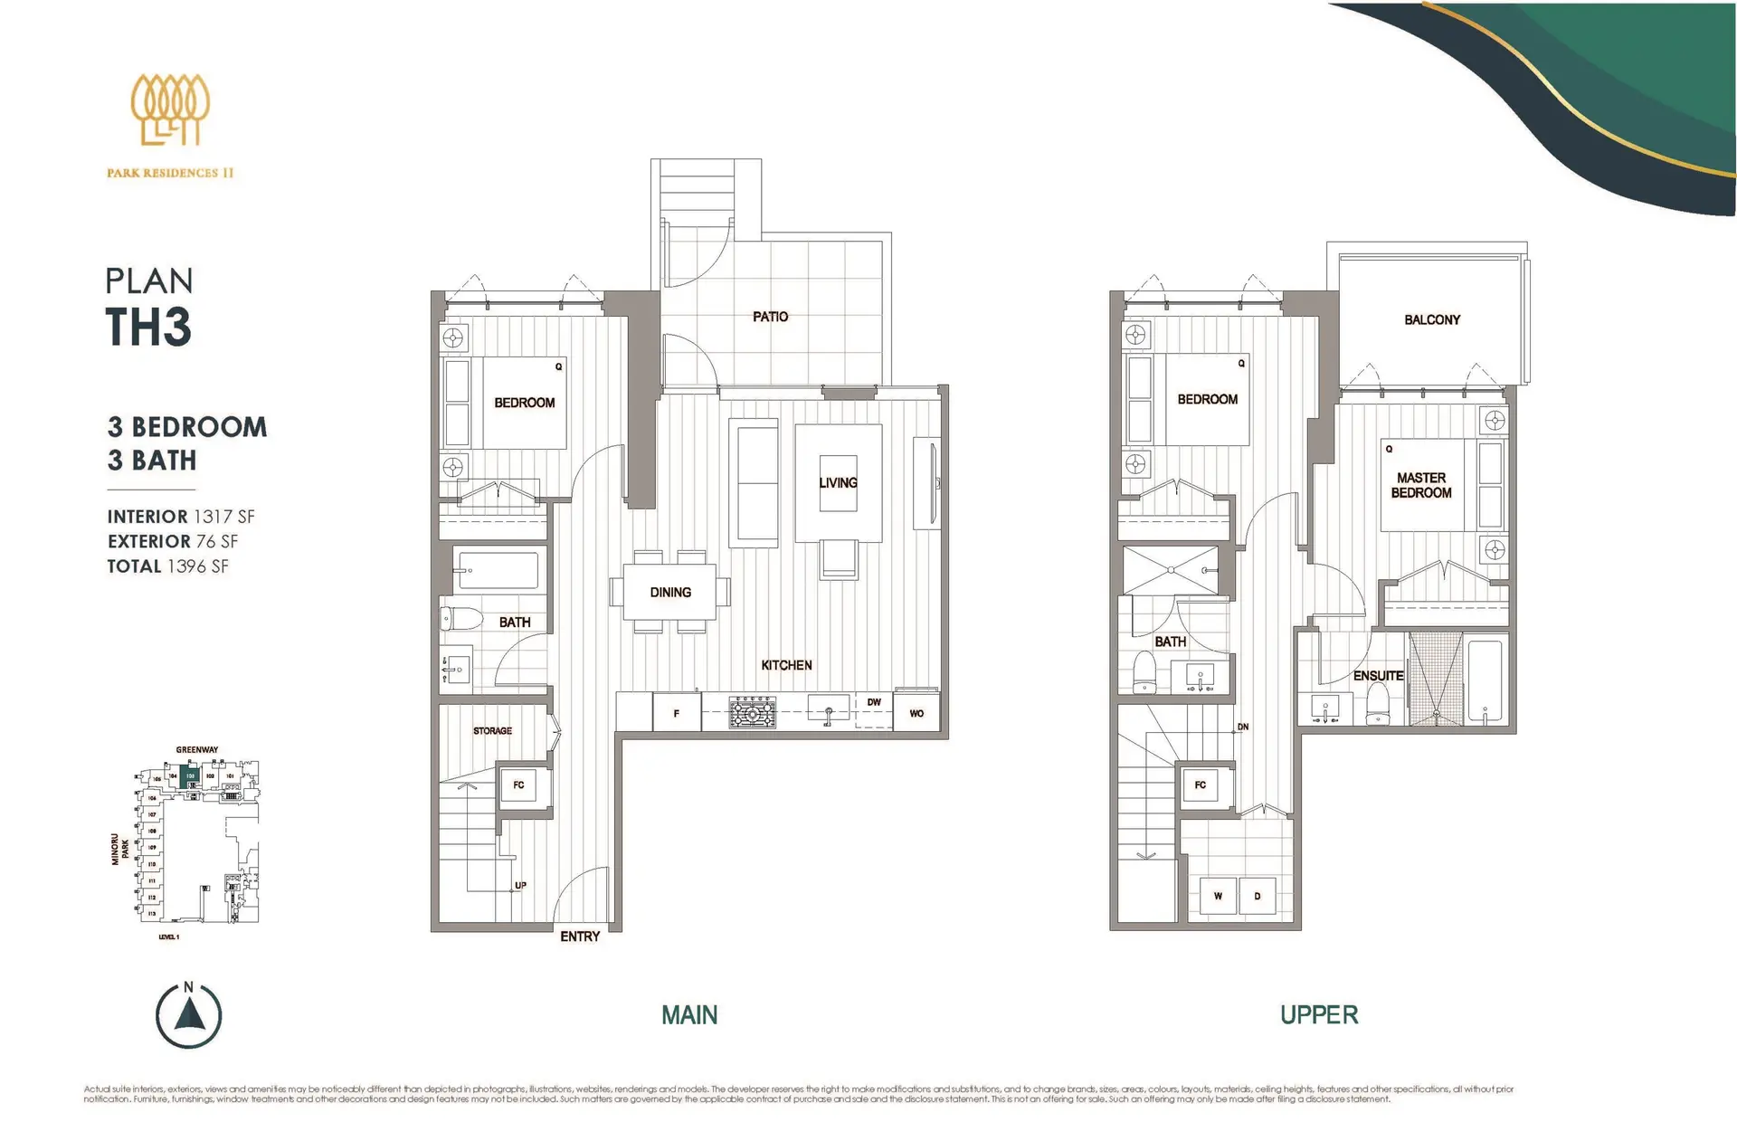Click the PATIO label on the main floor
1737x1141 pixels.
pyautogui.click(x=770, y=317)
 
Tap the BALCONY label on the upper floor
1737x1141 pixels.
pyautogui.click(x=1431, y=319)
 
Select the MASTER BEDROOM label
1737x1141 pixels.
pyautogui.click(x=1420, y=485)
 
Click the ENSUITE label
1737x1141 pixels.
pyautogui.click(x=1378, y=676)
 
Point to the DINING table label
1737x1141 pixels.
pyautogui.click(x=669, y=592)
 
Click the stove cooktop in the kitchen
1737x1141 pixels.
pyautogui.click(x=753, y=713)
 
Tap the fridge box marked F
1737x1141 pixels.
pyautogui.click(x=676, y=714)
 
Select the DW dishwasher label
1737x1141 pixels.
pyautogui.click(x=873, y=702)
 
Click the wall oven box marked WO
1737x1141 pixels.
pyautogui.click(x=916, y=713)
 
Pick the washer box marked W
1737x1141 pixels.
pyautogui.click(x=1218, y=896)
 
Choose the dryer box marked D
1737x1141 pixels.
pyautogui.click(x=1257, y=896)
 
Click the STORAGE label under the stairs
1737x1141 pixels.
pyautogui.click(x=492, y=730)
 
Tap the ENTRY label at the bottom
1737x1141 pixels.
pyautogui.click(x=580, y=937)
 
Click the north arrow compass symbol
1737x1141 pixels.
pyautogui.click(x=188, y=1015)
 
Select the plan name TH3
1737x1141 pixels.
pyautogui.click(x=148, y=327)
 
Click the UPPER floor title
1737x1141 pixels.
pyautogui.click(x=1318, y=1015)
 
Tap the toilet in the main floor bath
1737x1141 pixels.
pyautogui.click(x=461, y=619)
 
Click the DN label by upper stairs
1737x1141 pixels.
pyautogui.click(x=1243, y=727)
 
